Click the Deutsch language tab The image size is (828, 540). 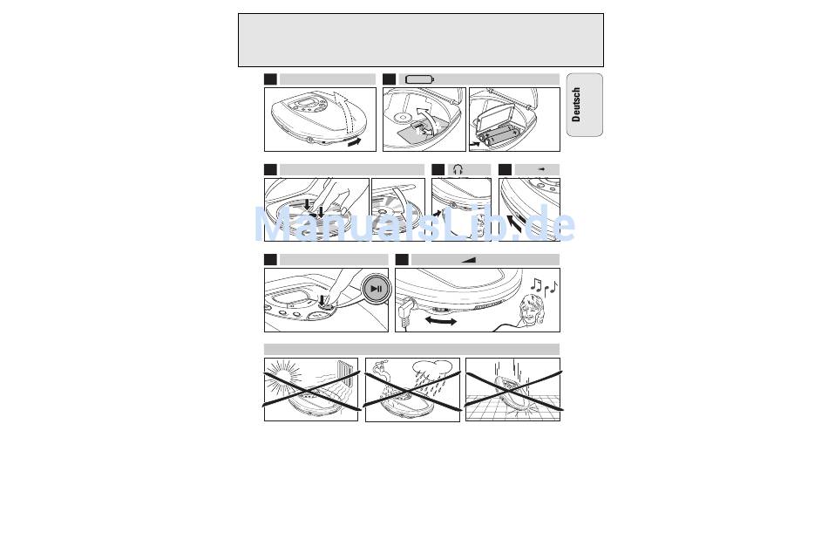pos(585,105)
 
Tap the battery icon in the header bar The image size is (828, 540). pos(420,79)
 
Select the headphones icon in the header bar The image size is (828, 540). pos(458,169)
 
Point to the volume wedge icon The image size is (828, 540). pos(468,259)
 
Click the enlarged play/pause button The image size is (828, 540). pos(376,289)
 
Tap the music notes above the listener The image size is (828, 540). pos(544,286)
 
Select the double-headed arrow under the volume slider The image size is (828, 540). pos(441,321)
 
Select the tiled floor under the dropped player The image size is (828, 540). pos(512,407)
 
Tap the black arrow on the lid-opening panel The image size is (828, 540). pos(355,141)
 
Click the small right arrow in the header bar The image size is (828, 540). pos(541,169)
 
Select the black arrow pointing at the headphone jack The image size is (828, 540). pos(437,214)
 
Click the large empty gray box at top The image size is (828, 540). pos(421,40)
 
